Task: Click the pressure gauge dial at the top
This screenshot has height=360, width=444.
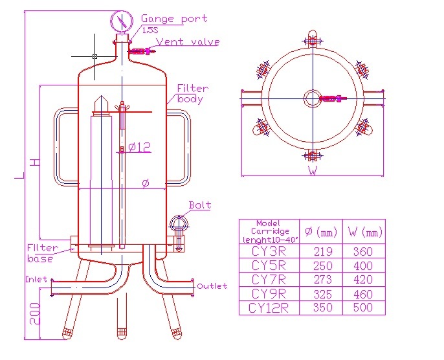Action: coord(121,21)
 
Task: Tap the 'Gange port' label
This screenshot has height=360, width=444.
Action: coord(174,19)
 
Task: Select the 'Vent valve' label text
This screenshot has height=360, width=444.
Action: coord(188,42)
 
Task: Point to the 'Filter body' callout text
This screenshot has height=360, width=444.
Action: coord(192,94)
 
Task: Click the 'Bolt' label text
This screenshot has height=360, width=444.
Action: coord(200,205)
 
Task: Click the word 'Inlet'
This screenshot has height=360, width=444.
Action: coord(36,280)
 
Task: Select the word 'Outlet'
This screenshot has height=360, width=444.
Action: coord(212,286)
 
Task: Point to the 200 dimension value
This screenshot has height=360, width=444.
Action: coord(36,315)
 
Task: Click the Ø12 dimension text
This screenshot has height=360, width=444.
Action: coord(139,148)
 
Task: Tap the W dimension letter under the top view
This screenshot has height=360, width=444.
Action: coord(313,172)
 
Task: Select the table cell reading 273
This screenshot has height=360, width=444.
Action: coord(322,280)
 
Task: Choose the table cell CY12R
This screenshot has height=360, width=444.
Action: coord(269,308)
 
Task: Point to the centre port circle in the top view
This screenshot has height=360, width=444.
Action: coord(312,98)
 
